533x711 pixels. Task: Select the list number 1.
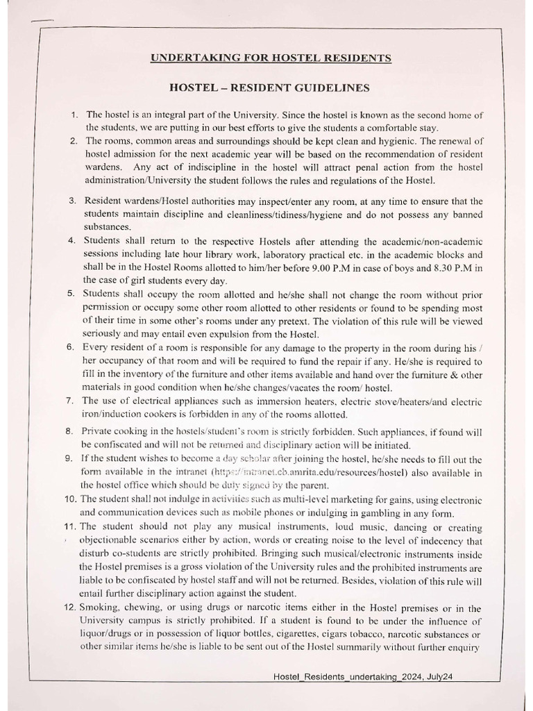tap(74, 115)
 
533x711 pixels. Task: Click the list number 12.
tap(71, 607)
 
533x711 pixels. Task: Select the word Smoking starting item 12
tap(103, 607)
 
